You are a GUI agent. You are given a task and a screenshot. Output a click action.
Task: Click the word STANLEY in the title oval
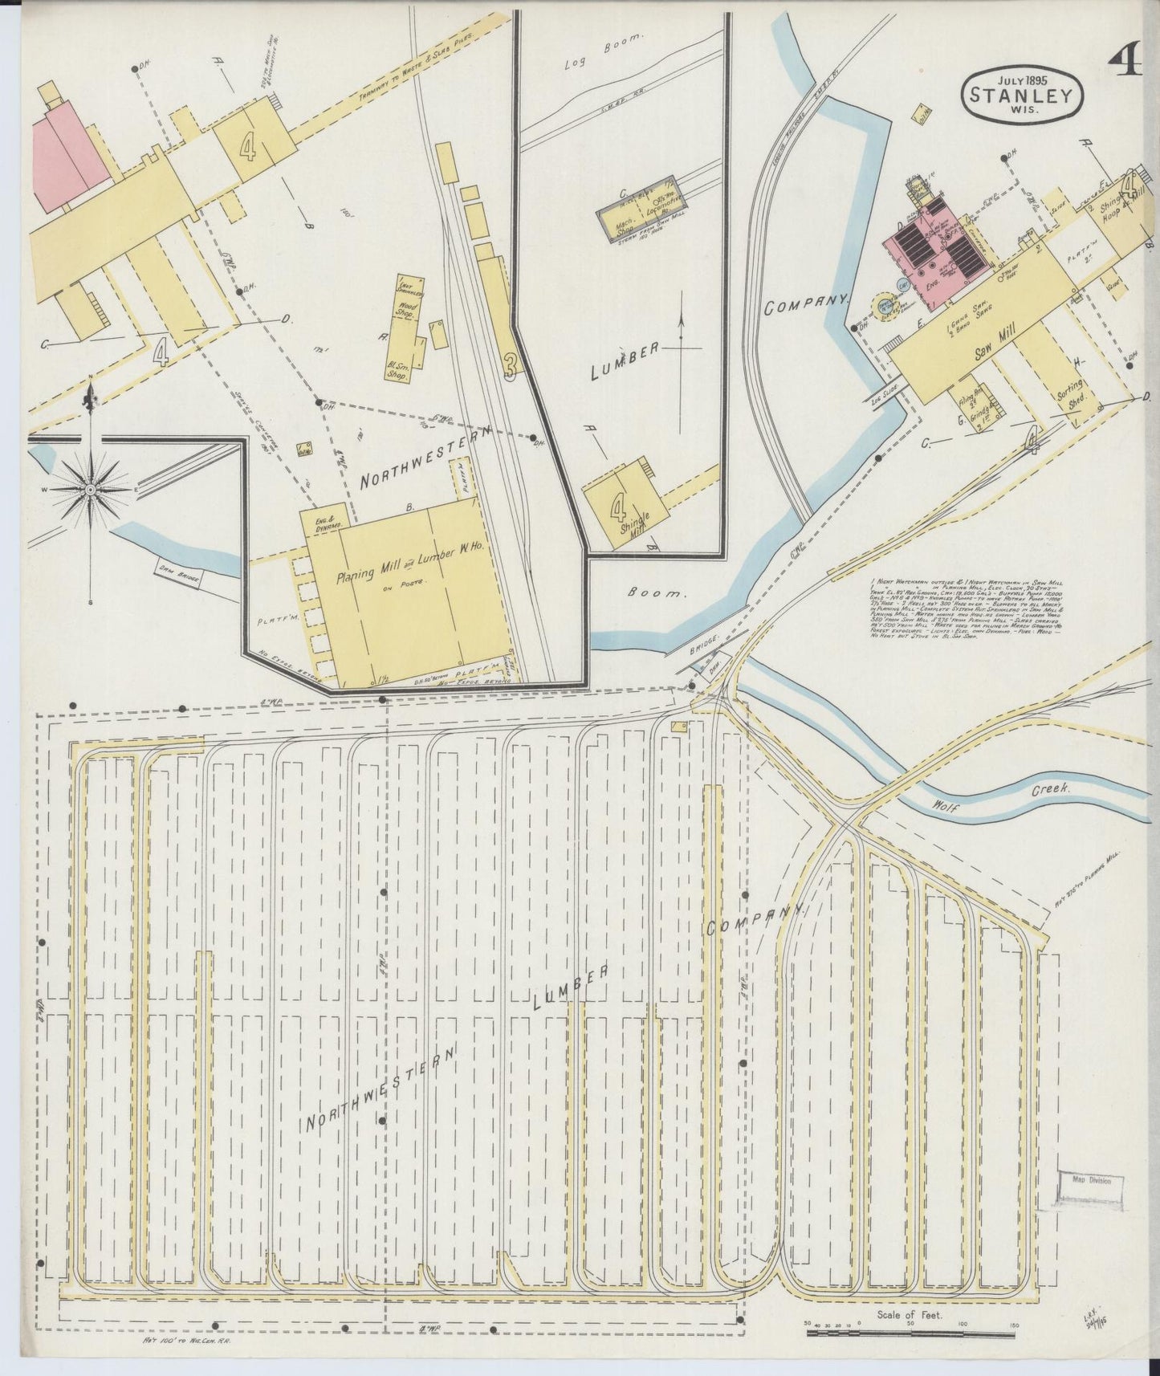pyautogui.click(x=1021, y=96)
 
